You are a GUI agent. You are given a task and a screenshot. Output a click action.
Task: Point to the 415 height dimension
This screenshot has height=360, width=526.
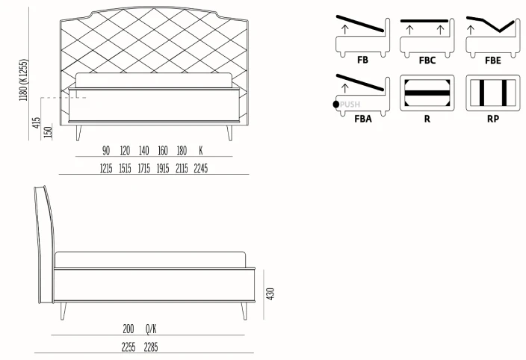click(x=35, y=122)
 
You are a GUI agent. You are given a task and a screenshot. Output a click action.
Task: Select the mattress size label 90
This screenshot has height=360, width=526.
click(x=106, y=151)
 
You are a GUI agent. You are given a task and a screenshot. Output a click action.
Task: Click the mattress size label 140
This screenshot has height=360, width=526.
click(x=143, y=151)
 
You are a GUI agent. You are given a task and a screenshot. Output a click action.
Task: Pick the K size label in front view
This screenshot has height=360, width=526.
click(x=200, y=151)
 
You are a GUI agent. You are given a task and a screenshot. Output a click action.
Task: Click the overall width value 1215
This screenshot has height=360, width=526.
click(x=106, y=169)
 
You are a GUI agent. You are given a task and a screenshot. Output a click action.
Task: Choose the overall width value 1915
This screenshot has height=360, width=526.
click(x=162, y=169)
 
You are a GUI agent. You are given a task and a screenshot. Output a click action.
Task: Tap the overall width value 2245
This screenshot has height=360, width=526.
click(x=200, y=169)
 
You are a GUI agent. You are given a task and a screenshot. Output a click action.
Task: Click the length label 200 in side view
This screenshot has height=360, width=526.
click(x=129, y=329)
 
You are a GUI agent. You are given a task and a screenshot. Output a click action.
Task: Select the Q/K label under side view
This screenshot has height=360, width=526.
click(x=151, y=329)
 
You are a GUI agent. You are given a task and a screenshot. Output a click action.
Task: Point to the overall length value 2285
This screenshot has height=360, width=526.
click(x=152, y=347)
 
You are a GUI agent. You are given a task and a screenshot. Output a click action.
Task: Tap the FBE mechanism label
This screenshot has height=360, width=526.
click(x=493, y=60)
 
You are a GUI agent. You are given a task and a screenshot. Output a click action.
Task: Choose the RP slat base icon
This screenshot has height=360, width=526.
click(x=493, y=93)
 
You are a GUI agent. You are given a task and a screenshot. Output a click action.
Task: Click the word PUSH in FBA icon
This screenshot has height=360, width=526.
click(x=350, y=105)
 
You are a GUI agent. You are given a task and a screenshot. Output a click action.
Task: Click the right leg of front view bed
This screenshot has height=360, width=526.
click(x=229, y=133)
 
